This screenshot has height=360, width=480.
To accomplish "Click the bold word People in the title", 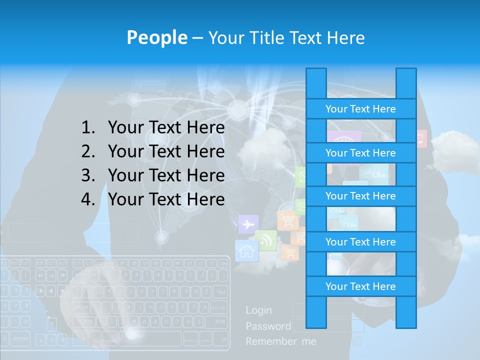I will [x=156, y=37].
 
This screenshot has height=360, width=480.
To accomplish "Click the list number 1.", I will [x=88, y=128].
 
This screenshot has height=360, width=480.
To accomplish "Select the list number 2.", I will [x=88, y=151].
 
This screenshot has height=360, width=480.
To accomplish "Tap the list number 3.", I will [x=88, y=175].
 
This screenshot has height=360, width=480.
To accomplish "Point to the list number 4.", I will [x=88, y=199].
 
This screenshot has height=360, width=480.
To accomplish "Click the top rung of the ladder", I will [x=360, y=109].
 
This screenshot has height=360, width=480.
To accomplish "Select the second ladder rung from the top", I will [x=360, y=153].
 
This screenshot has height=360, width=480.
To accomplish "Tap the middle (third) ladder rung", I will [x=360, y=196].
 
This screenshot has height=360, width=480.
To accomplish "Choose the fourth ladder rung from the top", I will [x=360, y=242].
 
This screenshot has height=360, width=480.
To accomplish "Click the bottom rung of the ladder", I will [x=360, y=286].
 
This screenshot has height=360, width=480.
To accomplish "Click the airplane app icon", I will [x=248, y=224].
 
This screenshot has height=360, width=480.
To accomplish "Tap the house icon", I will [x=246, y=250].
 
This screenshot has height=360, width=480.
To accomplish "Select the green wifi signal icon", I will [x=265, y=240].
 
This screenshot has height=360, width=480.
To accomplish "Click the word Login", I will [x=259, y=310].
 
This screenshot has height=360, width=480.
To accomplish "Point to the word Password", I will [x=268, y=326].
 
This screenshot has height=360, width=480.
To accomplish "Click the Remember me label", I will [x=281, y=341].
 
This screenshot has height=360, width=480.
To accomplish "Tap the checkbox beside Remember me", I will [x=357, y=341].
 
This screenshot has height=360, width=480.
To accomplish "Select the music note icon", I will [x=421, y=138].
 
